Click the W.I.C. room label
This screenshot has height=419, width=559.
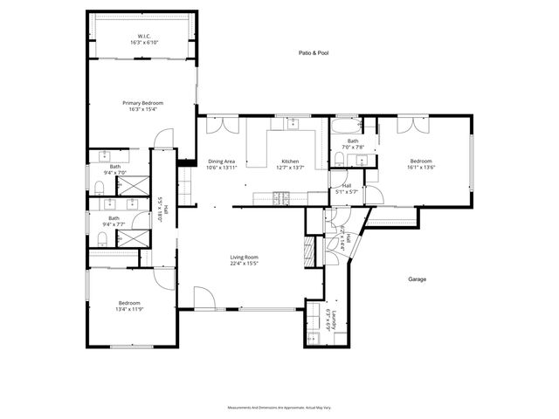click(142, 38)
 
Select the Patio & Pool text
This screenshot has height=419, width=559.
click(307, 53)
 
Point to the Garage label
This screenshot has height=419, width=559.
click(418, 279)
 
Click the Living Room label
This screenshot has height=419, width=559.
click(244, 257)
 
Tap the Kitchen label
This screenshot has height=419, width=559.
click(290, 161)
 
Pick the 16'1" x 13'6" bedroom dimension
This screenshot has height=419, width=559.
click(422, 167)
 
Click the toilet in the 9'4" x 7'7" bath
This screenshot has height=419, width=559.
click(100, 237)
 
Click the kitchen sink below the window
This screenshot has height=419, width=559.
click(294, 124)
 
